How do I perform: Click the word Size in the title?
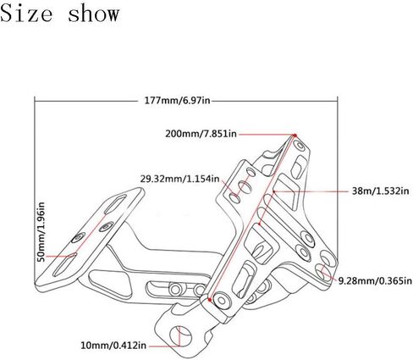tap(26, 14)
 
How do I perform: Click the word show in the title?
tap(94, 14)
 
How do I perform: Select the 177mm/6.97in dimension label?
tap(177, 100)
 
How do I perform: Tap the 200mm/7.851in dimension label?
tap(201, 133)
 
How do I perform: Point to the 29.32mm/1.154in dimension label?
tap(180, 179)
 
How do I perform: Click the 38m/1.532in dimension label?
tap(380, 191)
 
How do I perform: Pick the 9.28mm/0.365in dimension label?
tap(375, 281)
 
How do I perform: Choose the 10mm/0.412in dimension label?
tap(113, 345)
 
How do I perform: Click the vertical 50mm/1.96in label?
tap(41, 232)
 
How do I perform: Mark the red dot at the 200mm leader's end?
tap(295, 136)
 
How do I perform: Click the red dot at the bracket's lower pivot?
tap(209, 299)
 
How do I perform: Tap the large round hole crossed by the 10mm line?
tap(180, 336)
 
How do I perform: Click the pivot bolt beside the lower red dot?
tap(222, 301)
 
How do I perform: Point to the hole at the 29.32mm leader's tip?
tap(234, 197)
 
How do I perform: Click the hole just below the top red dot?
tap(300, 146)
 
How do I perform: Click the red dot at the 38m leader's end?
tap(273, 191)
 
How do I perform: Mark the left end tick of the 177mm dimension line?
tap(35, 100)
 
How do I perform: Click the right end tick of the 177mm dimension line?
tap(338, 100)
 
